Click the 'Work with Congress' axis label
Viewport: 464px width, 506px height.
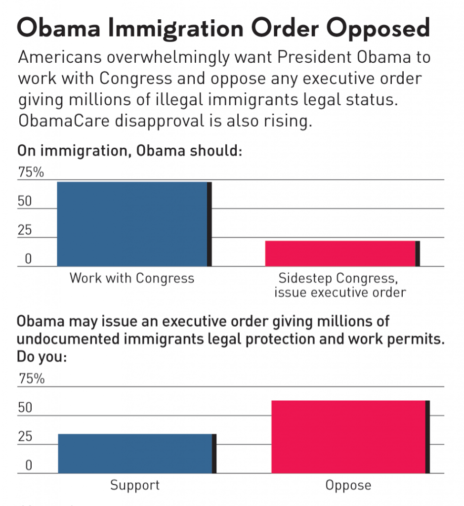coord(132,278)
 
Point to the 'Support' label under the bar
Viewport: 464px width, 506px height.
coord(135,485)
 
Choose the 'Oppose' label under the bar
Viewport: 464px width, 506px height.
coord(348,485)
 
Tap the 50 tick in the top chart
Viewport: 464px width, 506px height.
coord(25,202)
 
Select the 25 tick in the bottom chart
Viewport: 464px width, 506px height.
coord(25,437)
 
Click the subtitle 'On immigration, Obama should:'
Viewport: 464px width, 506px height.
coord(129,150)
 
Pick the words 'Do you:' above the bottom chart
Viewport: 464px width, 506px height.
coord(42,356)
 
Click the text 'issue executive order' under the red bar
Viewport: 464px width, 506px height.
coord(340,292)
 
